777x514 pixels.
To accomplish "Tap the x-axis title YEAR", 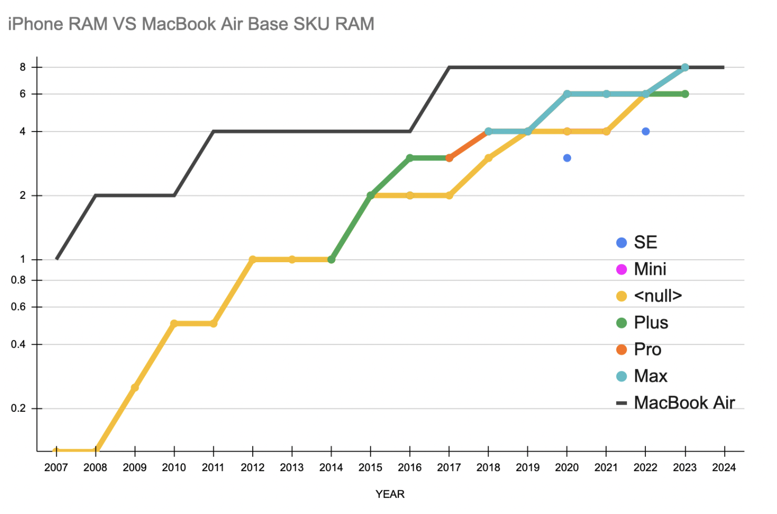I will pyautogui.click(x=390, y=494).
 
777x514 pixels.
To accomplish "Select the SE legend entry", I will pyautogui.click(x=645, y=242).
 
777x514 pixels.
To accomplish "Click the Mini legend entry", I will pyautogui.click(x=650, y=269).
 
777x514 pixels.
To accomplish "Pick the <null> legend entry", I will pyautogui.click(x=657, y=296).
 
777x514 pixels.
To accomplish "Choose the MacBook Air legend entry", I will pyautogui.click(x=684, y=403).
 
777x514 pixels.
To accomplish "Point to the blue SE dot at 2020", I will pyautogui.click(x=567, y=158).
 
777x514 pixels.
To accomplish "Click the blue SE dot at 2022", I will pyautogui.click(x=645, y=131).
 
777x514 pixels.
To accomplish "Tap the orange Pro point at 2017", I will pyautogui.click(x=449, y=158).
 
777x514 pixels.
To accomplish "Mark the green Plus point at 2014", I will pyautogui.click(x=331, y=260).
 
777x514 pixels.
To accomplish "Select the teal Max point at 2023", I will pyautogui.click(x=685, y=67).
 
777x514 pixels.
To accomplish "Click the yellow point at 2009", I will pyautogui.click(x=135, y=388).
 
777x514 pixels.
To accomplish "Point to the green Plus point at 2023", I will pyautogui.click(x=685, y=94).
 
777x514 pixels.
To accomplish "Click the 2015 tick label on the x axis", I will pyautogui.click(x=370, y=467).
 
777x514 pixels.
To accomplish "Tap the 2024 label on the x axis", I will pyautogui.click(x=724, y=467).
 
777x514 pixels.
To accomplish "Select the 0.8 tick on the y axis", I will pyautogui.click(x=18, y=280).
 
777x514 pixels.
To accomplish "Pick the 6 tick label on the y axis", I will pyautogui.click(x=23, y=94).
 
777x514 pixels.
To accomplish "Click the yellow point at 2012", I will pyautogui.click(x=253, y=260).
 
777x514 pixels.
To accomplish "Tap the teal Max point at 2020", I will pyautogui.click(x=567, y=94).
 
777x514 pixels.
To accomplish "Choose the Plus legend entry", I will pyautogui.click(x=651, y=323).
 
